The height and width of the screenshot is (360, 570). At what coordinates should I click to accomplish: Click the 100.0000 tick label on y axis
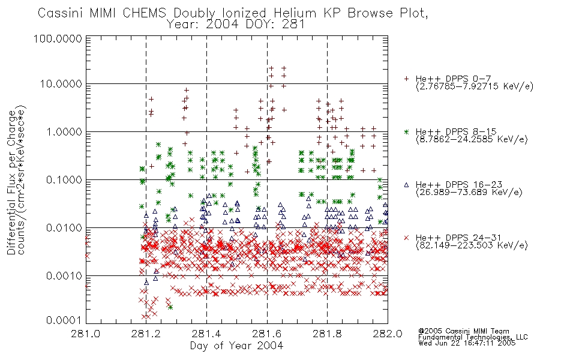[58, 39]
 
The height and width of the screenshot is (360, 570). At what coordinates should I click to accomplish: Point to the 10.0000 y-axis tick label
[61, 84]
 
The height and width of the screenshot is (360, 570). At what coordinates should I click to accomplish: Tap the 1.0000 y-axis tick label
[64, 132]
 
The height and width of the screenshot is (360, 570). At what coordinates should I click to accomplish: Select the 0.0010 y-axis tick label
[64, 276]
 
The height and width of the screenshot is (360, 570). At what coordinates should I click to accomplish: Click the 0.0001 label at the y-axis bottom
[64, 320]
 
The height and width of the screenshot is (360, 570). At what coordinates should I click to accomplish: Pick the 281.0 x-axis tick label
[86, 334]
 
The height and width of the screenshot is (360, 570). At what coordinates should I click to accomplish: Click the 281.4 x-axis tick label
[206, 334]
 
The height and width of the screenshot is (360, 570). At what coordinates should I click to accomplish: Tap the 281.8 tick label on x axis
[327, 334]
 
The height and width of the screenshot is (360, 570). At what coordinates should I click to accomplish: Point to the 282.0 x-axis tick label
[388, 334]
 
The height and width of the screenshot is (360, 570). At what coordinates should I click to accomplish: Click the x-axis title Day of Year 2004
[236, 346]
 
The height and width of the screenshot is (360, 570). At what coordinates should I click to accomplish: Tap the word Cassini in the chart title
[61, 13]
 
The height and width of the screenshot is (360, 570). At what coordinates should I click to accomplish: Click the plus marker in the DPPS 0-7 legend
[406, 79]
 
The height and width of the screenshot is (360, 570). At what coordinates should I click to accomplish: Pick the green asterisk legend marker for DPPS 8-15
[406, 131]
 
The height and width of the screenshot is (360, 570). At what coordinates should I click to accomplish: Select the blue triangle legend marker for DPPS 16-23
[406, 185]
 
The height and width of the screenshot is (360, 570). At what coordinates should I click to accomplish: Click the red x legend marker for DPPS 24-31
[406, 238]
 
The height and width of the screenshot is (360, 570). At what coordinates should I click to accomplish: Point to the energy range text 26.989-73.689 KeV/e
[469, 193]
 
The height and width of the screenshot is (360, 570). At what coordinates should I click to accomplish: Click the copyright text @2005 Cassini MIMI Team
[463, 331]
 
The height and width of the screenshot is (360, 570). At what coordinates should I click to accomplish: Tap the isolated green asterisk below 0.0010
[170, 307]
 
